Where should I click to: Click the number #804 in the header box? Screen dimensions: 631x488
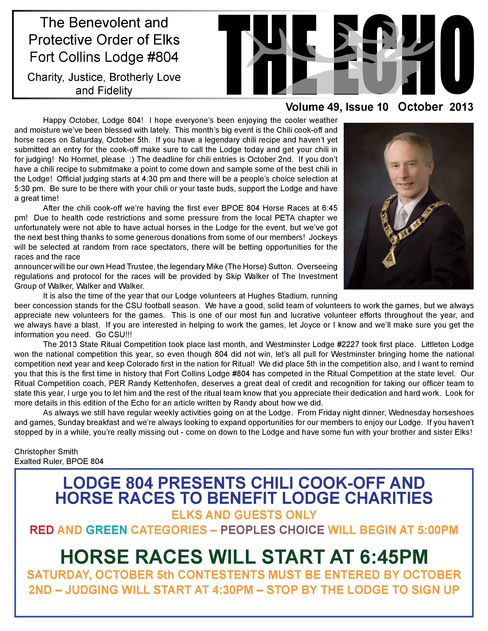click(163, 57)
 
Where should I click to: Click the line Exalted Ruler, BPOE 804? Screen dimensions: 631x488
click(59, 461)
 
